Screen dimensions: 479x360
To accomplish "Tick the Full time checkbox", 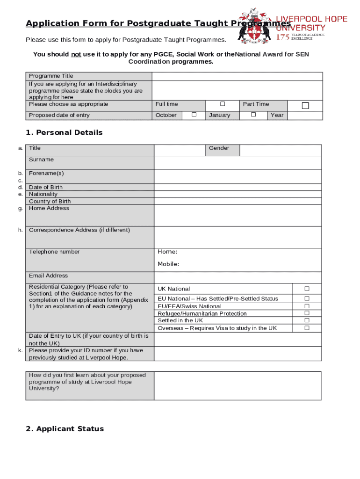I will (223, 103).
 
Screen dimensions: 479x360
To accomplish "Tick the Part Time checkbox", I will (305, 106).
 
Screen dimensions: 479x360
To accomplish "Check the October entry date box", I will (194, 115).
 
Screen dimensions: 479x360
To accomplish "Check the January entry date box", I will (253, 115).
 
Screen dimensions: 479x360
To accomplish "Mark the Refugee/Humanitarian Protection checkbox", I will (307, 313).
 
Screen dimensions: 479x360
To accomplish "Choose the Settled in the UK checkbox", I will (307, 320).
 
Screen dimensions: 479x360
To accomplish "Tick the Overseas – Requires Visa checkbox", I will (307, 328).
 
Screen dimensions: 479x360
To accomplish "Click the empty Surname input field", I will (238, 162).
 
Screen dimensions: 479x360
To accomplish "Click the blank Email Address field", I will (238, 277).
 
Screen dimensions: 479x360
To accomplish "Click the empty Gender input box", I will (281, 150).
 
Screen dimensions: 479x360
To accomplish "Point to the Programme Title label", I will (51, 76).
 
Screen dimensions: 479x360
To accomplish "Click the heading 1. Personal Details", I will (64, 133).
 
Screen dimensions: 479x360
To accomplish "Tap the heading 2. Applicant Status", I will (65, 429).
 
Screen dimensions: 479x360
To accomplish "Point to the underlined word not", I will (76, 55).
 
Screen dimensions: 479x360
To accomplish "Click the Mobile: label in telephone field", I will (168, 264).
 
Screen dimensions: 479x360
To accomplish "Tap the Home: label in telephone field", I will (167, 252).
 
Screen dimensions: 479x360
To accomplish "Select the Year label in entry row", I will (277, 115).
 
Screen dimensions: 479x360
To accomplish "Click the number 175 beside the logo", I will (283, 36).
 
